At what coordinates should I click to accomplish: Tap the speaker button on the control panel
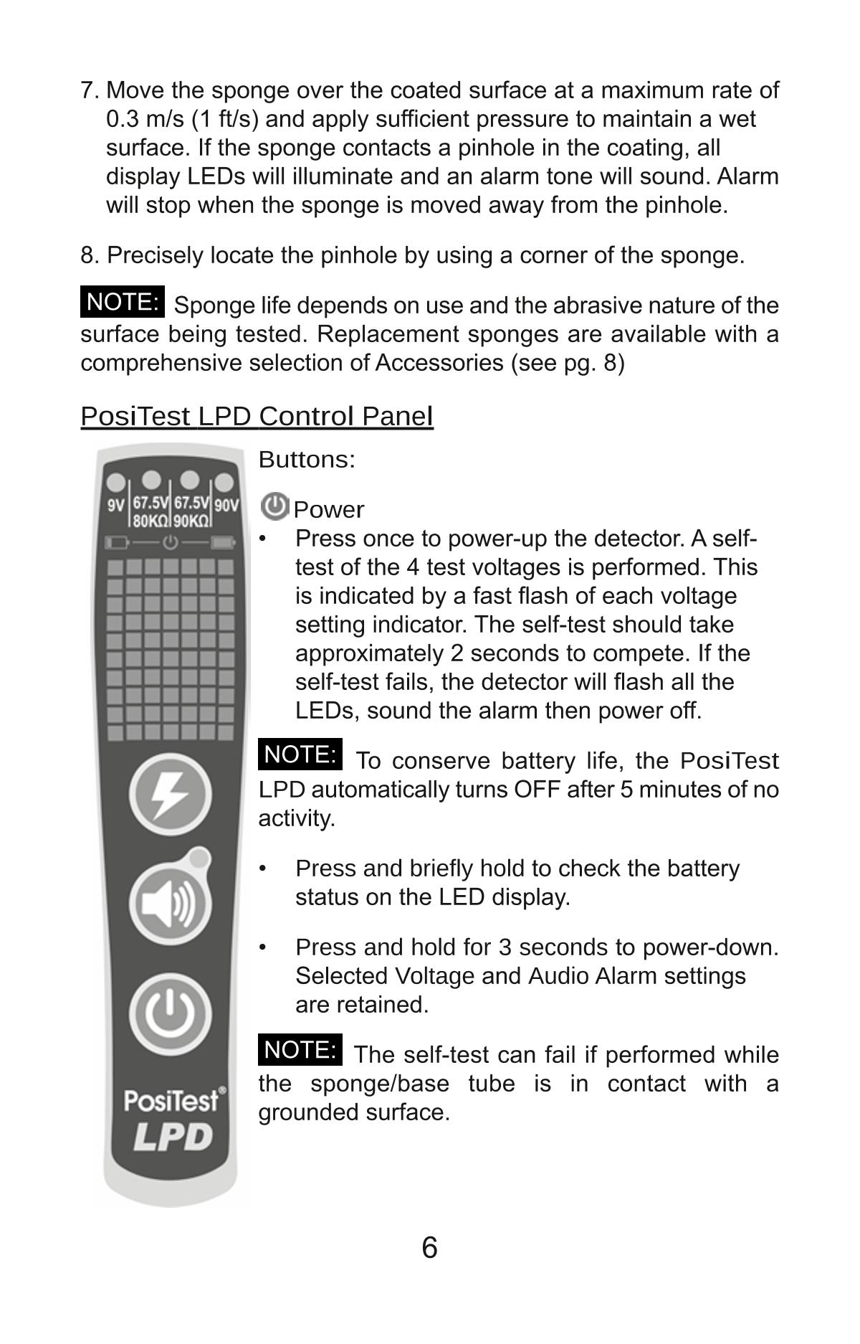coord(171,903)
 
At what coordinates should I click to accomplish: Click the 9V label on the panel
coord(116,505)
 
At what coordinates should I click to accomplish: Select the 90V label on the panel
coord(226,505)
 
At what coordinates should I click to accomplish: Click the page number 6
coord(429,1249)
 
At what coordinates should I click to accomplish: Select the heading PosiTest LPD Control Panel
coord(257,416)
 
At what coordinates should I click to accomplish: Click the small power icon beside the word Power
coord(274,507)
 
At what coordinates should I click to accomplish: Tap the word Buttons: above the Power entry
coord(307,460)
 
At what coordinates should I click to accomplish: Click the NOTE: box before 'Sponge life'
coord(122,302)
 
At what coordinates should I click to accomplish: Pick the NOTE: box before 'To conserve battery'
coord(300,754)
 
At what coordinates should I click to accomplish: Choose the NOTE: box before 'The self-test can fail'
coord(300,1050)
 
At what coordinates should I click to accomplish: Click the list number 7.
coord(88,91)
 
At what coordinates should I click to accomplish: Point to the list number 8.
coord(88,255)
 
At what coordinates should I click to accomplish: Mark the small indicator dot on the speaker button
coord(200,858)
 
